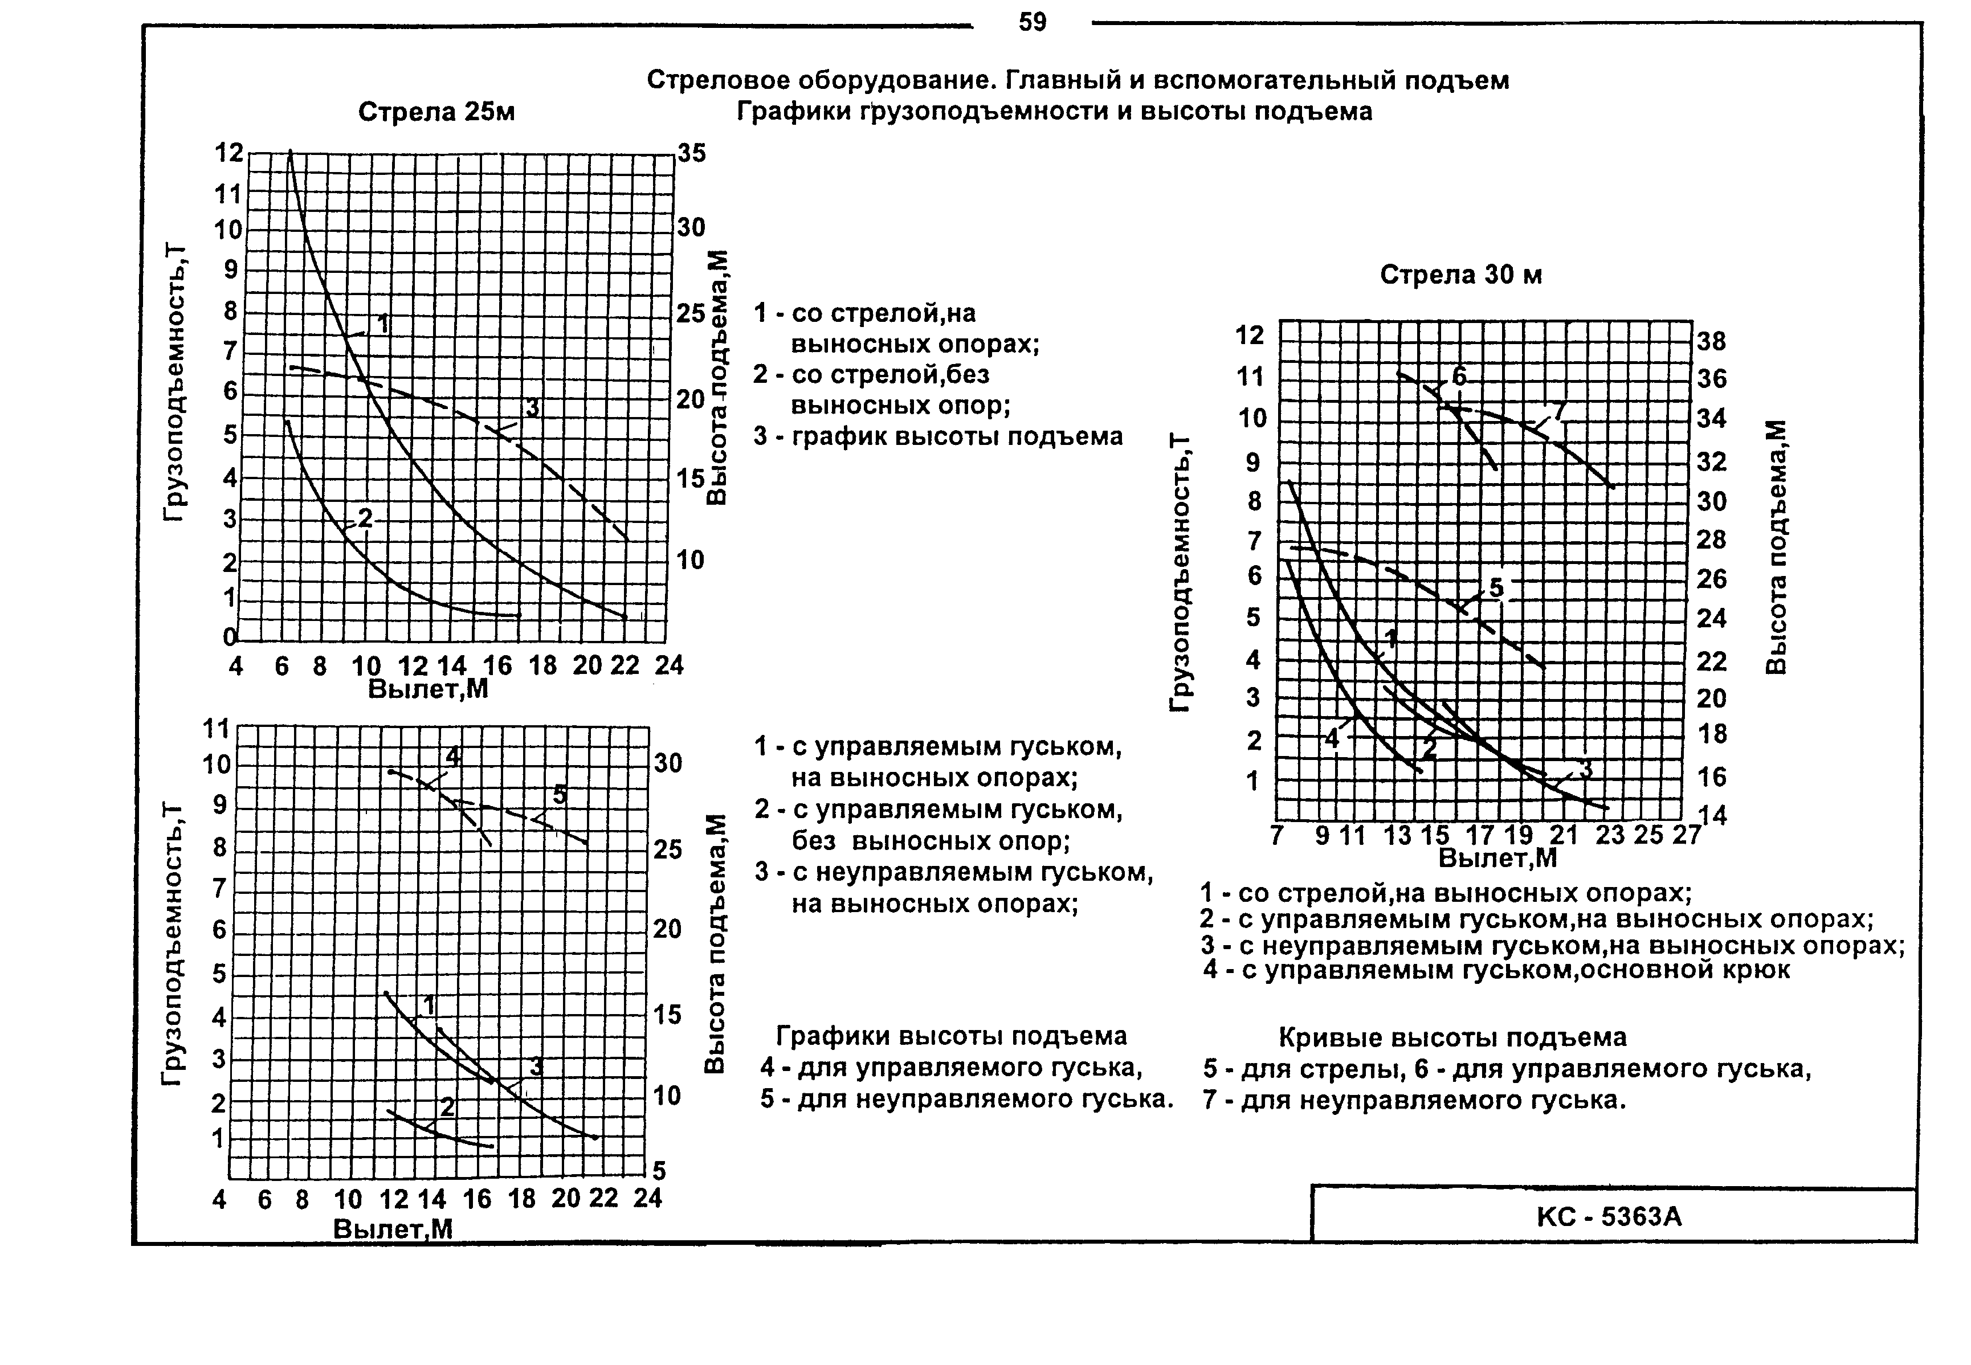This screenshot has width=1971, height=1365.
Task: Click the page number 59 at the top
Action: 1033,22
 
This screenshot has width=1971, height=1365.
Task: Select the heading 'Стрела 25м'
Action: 436,112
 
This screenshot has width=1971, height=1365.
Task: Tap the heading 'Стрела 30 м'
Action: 1460,275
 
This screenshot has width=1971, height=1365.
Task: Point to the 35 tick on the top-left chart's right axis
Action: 692,153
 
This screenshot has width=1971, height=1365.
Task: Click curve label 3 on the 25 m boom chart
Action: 532,409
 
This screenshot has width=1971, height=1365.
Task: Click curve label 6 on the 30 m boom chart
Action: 1459,377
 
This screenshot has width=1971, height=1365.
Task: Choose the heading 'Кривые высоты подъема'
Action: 1452,1037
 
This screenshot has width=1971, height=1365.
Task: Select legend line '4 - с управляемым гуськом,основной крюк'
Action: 1496,970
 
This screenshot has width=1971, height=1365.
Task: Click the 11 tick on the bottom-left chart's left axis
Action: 217,729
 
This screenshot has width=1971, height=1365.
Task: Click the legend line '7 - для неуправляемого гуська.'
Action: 1413,1100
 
